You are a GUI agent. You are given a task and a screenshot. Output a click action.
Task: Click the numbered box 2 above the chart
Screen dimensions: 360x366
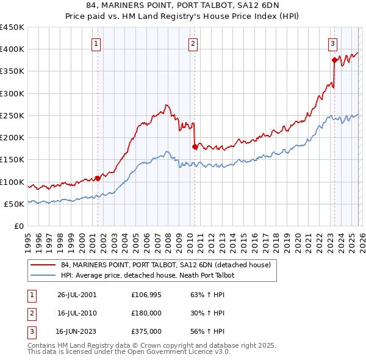193,43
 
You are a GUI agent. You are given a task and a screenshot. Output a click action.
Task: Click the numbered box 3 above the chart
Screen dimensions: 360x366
333,43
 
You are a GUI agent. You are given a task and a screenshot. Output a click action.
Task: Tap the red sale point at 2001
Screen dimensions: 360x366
98,179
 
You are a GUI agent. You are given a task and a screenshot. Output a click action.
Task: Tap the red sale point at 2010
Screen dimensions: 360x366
195,146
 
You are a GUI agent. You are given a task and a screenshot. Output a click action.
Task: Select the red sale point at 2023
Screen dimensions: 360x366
334,60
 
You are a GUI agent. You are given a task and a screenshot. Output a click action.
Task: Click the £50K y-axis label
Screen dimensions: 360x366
14,204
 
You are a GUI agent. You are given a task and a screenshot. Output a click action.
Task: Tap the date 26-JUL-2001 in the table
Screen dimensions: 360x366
76,295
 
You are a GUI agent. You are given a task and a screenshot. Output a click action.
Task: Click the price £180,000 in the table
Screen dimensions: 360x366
146,314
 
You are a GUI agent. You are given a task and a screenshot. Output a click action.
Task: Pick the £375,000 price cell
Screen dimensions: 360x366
146,333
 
